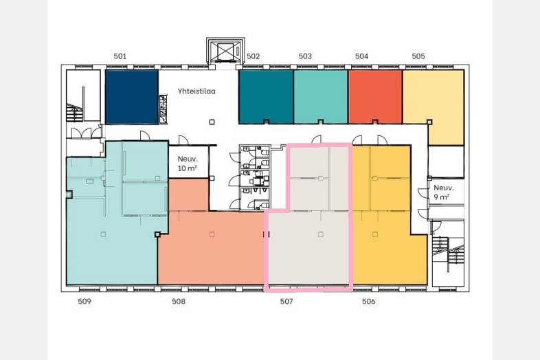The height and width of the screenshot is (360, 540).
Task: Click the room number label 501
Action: click(x=120, y=56)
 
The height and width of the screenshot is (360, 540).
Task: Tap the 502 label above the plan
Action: click(x=253, y=56)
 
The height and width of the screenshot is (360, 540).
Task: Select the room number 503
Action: click(x=305, y=56)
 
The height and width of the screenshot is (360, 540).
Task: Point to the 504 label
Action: click(x=361, y=56)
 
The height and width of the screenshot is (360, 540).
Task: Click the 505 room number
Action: click(x=418, y=56)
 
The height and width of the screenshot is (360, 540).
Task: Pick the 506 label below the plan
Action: click(x=368, y=302)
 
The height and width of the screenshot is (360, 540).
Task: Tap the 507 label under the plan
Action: click(x=286, y=302)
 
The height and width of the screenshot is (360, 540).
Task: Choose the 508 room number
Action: click(x=179, y=302)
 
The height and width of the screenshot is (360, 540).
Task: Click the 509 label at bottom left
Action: click(x=85, y=302)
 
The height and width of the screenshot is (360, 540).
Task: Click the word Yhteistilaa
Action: click(x=196, y=91)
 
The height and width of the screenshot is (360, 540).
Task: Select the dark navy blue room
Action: click(x=131, y=97)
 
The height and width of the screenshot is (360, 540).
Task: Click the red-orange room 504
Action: click(x=375, y=97)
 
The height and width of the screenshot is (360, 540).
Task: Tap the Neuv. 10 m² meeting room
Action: click(x=189, y=162)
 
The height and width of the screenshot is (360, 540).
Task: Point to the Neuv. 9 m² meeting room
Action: click(x=446, y=192)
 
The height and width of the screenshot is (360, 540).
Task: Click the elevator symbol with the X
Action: click(x=225, y=51)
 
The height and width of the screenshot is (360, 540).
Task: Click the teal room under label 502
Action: click(x=266, y=97)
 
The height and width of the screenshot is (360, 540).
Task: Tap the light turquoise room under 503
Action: click(x=321, y=97)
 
